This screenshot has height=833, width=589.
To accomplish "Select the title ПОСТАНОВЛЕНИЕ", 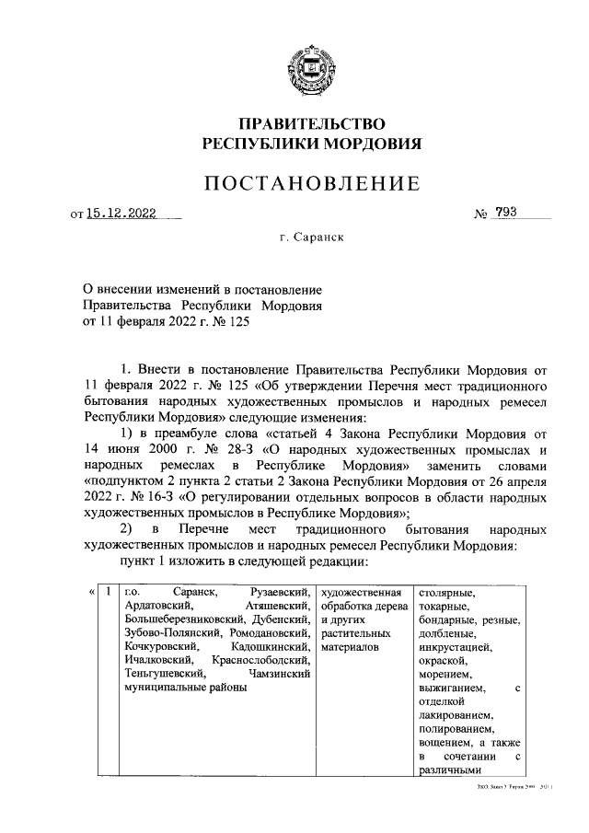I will (x=312, y=184).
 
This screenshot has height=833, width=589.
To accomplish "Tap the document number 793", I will (x=506, y=214).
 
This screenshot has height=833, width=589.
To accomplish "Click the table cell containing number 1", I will (x=109, y=592).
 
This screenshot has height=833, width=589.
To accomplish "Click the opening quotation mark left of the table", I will (x=91, y=592).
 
